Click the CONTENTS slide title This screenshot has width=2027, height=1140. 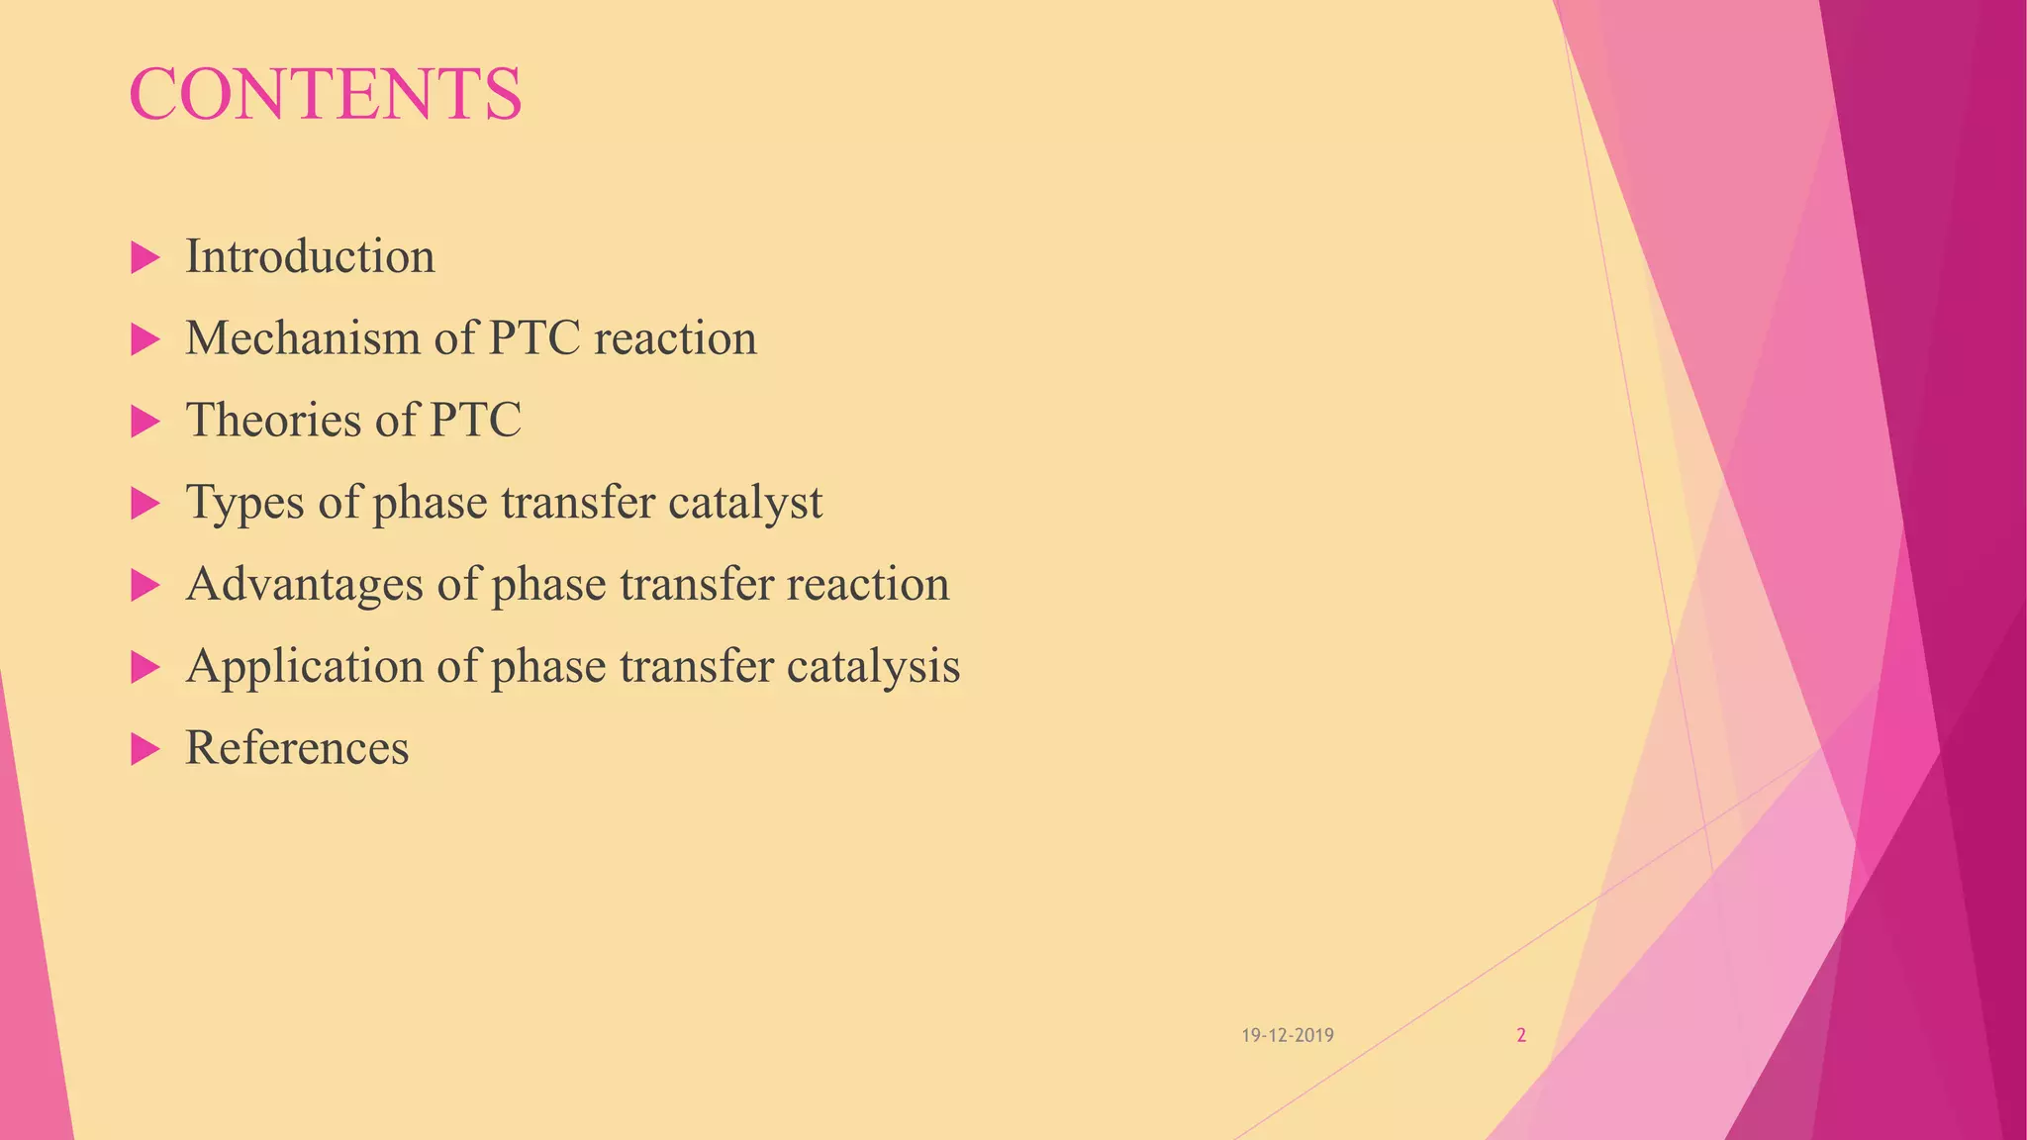coord(325,95)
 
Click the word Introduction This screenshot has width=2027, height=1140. coord(310,257)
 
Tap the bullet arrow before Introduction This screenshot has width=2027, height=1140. coord(145,259)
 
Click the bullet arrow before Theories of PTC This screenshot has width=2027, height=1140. coord(145,423)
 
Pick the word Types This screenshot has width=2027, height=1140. coord(245,503)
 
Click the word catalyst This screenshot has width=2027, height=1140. coord(744,503)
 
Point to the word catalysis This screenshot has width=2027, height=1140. coord(873,667)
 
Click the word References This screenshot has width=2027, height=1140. coord(297,748)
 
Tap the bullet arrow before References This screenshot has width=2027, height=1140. coord(145,750)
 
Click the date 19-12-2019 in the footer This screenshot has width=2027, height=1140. coord(1288,1036)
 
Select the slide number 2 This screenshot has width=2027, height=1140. coord(1521,1036)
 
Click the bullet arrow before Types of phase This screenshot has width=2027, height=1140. coord(145,505)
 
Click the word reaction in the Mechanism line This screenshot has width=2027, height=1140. coord(675,339)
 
